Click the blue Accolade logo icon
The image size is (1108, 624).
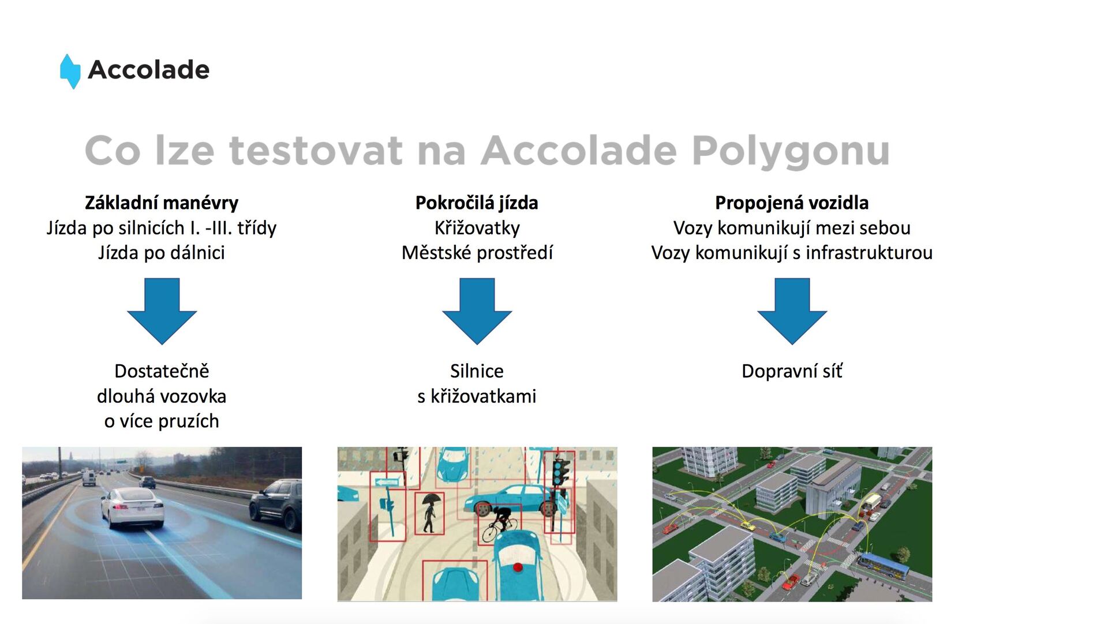(70, 71)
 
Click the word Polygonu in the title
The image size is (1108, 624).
(791, 151)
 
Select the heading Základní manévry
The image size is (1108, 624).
(162, 203)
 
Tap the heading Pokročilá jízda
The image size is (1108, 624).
(477, 203)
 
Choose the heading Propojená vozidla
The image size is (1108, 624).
(792, 203)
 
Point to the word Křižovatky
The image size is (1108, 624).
(477, 228)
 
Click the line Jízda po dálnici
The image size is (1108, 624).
(162, 253)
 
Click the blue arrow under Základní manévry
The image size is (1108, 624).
(162, 311)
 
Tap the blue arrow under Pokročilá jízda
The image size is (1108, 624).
(477, 311)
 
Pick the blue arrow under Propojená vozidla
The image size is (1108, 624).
(792, 311)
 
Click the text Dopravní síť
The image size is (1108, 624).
(792, 371)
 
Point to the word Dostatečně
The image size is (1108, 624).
(162, 371)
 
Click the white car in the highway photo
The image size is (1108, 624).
(133, 507)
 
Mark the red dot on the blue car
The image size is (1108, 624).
(518, 567)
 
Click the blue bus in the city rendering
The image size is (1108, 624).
(882, 565)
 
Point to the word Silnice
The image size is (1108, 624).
(477, 371)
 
